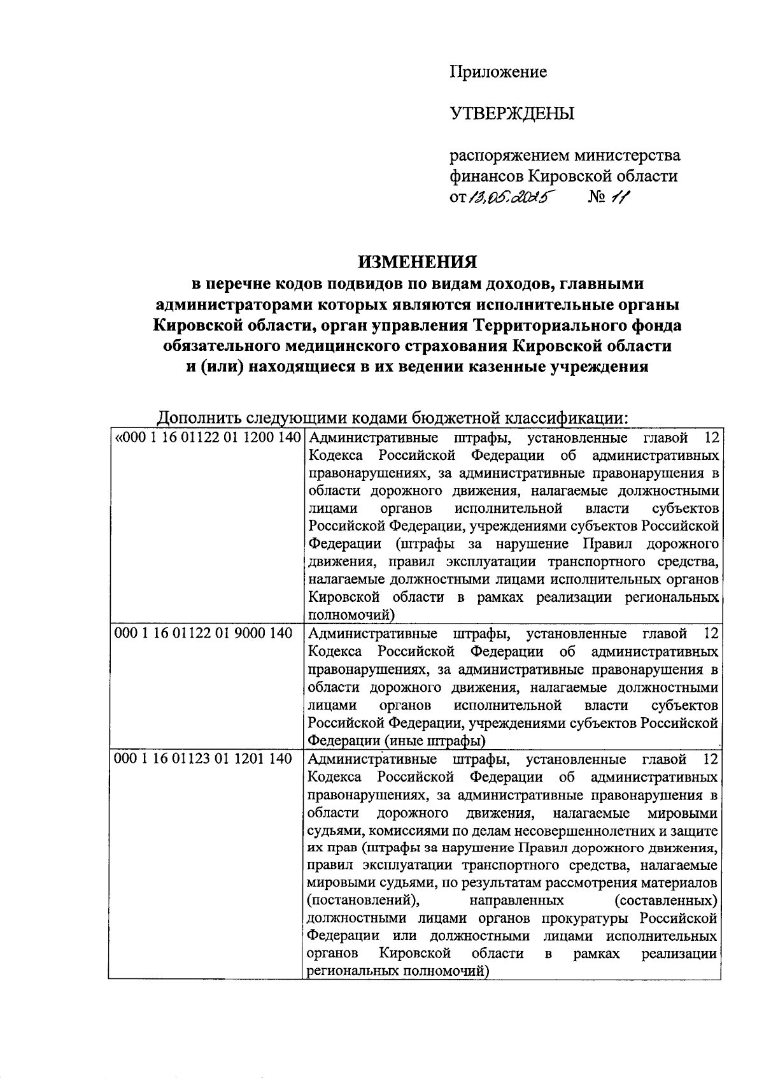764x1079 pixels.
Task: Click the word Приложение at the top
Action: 499,72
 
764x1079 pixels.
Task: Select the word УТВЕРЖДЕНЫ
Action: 513,113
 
